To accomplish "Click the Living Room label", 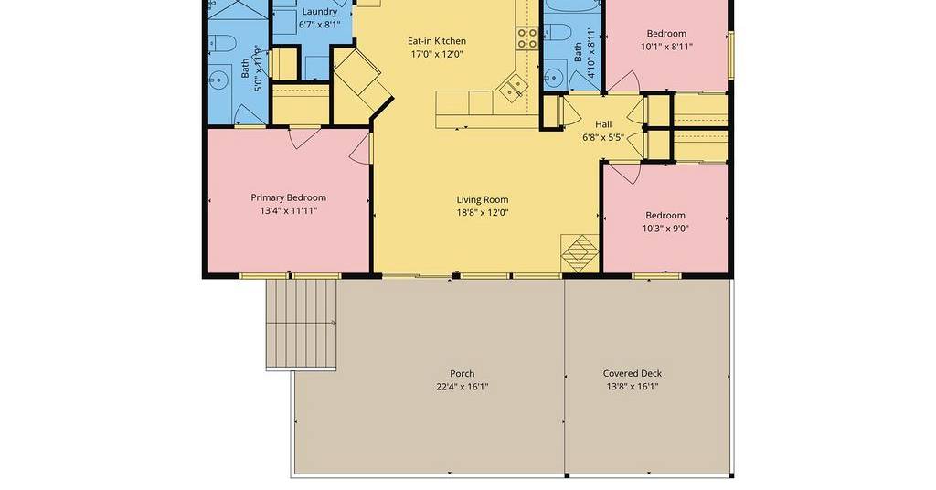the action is [483, 200].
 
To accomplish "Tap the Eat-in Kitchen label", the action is [436, 41].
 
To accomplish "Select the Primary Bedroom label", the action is [288, 197].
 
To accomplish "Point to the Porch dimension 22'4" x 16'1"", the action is [462, 387].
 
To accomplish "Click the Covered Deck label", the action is [633, 374].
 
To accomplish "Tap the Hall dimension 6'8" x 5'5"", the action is [603, 138].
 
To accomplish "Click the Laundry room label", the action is [319, 11].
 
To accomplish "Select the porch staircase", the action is [301, 325].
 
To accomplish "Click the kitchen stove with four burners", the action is [527, 38].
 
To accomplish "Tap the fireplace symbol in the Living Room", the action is [580, 253].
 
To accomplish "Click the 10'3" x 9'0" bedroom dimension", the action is [665, 229].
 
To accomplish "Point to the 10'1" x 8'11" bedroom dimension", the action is [666, 47].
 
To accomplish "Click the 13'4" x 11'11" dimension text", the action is [288, 210].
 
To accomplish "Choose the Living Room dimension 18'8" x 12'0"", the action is [483, 213].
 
